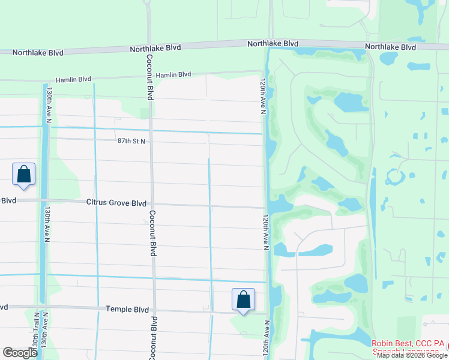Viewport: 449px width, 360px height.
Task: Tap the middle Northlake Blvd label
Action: [273, 44]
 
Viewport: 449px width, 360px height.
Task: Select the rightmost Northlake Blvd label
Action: [390, 47]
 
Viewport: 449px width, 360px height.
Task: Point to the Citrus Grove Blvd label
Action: [116, 203]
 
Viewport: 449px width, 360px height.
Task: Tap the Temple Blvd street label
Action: [127, 310]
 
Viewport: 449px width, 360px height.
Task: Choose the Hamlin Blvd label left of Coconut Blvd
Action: [73, 79]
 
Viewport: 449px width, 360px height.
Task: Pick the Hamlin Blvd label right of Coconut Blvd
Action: [173, 75]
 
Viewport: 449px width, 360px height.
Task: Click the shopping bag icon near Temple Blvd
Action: [243, 299]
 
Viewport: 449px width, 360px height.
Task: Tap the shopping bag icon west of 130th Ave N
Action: [23, 174]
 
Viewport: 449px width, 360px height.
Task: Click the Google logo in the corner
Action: [19, 353]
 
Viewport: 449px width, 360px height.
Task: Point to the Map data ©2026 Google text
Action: [412, 355]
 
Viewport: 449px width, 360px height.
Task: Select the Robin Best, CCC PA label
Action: [408, 343]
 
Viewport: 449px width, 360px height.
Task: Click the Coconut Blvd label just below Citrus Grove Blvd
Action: [152, 233]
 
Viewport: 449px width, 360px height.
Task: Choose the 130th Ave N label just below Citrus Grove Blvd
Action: [47, 225]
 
